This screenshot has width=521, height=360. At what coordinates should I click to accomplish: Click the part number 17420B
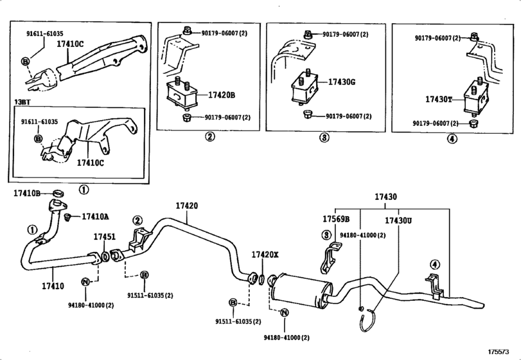(x=222, y=95)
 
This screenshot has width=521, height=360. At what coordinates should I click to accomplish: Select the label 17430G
(x=342, y=82)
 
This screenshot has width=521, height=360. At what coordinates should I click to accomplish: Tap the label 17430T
(x=439, y=99)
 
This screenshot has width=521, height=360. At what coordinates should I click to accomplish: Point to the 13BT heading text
(x=22, y=102)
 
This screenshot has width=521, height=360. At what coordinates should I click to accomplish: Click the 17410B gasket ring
(x=58, y=193)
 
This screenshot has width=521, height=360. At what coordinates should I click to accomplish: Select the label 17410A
(x=95, y=217)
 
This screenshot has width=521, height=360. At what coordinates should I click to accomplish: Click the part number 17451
(x=104, y=237)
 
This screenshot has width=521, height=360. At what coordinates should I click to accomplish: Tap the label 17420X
(x=265, y=255)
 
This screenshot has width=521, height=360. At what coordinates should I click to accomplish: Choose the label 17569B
(x=336, y=219)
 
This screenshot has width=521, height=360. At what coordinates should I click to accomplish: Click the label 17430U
(x=398, y=221)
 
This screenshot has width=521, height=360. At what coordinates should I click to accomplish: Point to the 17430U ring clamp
(x=368, y=320)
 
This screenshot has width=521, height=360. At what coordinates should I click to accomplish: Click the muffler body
(x=302, y=291)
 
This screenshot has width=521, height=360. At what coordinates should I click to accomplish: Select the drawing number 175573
(x=499, y=352)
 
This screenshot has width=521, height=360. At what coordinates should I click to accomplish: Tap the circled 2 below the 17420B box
(x=209, y=136)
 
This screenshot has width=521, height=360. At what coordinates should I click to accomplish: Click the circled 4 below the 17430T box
(x=452, y=139)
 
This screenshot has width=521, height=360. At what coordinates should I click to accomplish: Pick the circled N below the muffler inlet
(x=285, y=312)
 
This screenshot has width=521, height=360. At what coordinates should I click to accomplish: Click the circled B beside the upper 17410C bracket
(x=26, y=61)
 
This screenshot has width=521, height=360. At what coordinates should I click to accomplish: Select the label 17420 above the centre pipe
(x=187, y=206)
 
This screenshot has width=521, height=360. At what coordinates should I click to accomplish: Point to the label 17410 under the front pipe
(x=53, y=285)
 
